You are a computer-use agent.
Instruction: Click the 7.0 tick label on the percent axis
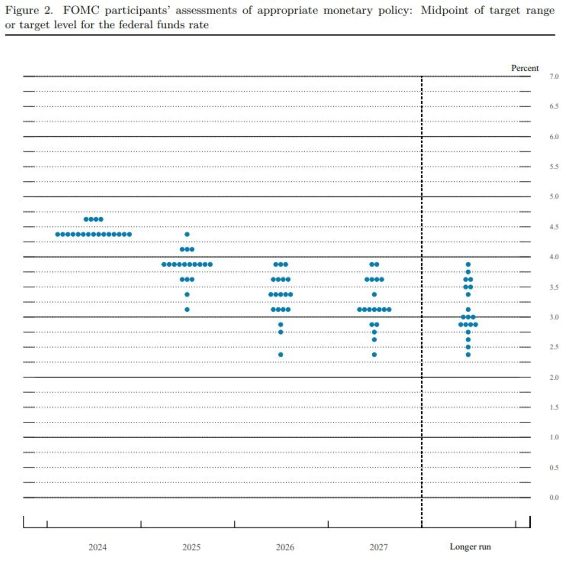point(554,77)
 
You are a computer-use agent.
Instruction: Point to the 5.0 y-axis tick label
point(554,197)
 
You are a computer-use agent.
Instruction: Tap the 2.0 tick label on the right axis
point(554,377)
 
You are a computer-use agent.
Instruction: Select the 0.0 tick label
point(554,497)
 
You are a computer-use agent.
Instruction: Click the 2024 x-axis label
point(98,547)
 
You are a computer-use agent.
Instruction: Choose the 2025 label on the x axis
point(191,547)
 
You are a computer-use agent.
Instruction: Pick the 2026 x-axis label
point(285,547)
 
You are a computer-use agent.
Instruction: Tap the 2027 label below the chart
point(379,547)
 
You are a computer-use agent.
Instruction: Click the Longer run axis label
point(470,547)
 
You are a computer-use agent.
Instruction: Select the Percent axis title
point(525,68)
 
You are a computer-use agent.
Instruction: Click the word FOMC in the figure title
point(81,10)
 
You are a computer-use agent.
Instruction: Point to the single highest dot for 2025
point(187,234)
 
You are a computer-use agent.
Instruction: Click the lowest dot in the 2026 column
point(280,355)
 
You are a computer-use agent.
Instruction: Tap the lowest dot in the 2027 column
point(374,355)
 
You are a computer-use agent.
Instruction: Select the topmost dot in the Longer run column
point(468,264)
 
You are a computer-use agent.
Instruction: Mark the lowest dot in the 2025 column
point(187,309)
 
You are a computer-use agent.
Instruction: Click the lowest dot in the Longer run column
point(468,355)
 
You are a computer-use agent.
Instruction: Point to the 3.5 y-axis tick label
point(554,287)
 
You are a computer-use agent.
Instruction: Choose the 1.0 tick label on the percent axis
point(554,437)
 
